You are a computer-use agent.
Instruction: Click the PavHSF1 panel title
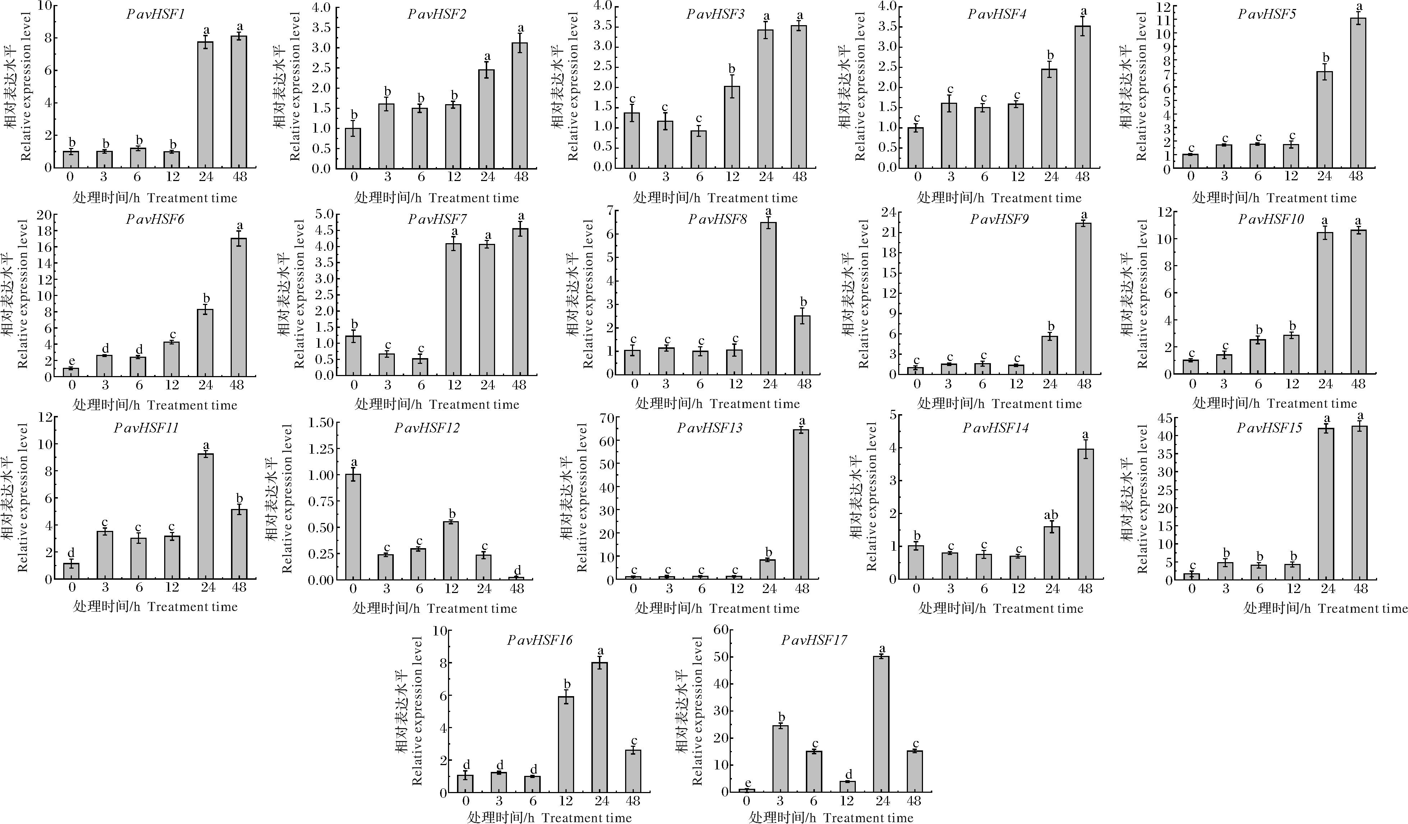[x=155, y=14]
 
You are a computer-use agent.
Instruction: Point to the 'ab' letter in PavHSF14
[x=1051, y=515]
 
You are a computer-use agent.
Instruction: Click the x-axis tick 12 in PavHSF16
[x=565, y=801]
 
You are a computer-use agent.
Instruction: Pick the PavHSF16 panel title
[x=540, y=640]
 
